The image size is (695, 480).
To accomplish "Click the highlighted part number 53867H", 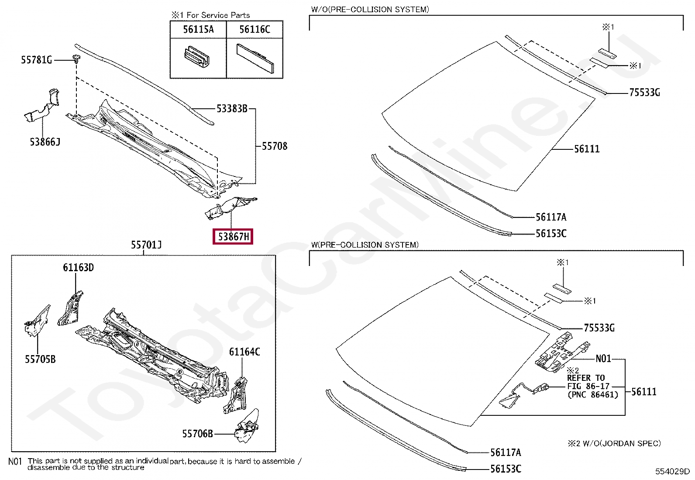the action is pos(233,237).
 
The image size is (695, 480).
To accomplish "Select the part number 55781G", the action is pos(37,60).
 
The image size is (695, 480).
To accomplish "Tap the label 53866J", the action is pos(45,142).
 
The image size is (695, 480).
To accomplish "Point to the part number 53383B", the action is pos(232,109).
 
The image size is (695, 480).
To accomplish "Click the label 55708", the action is pos(274,146).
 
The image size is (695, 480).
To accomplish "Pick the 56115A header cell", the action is pos(198,30).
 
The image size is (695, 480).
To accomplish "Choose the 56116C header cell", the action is pos(255,30).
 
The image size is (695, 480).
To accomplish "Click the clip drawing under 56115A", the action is pos(197,57).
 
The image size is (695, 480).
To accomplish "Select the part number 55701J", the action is pos(146,245).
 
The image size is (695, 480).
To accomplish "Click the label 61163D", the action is pos(78,268).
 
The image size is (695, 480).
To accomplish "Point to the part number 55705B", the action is pos(40,359).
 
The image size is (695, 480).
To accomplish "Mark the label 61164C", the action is pos(244,352).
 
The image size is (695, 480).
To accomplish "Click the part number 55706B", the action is pos(197,434).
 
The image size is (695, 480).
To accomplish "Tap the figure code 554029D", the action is pos(672,471).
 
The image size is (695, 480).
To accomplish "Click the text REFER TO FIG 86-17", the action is pos(588,382).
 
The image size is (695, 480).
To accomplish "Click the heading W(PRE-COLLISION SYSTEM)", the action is pos(365,245).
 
